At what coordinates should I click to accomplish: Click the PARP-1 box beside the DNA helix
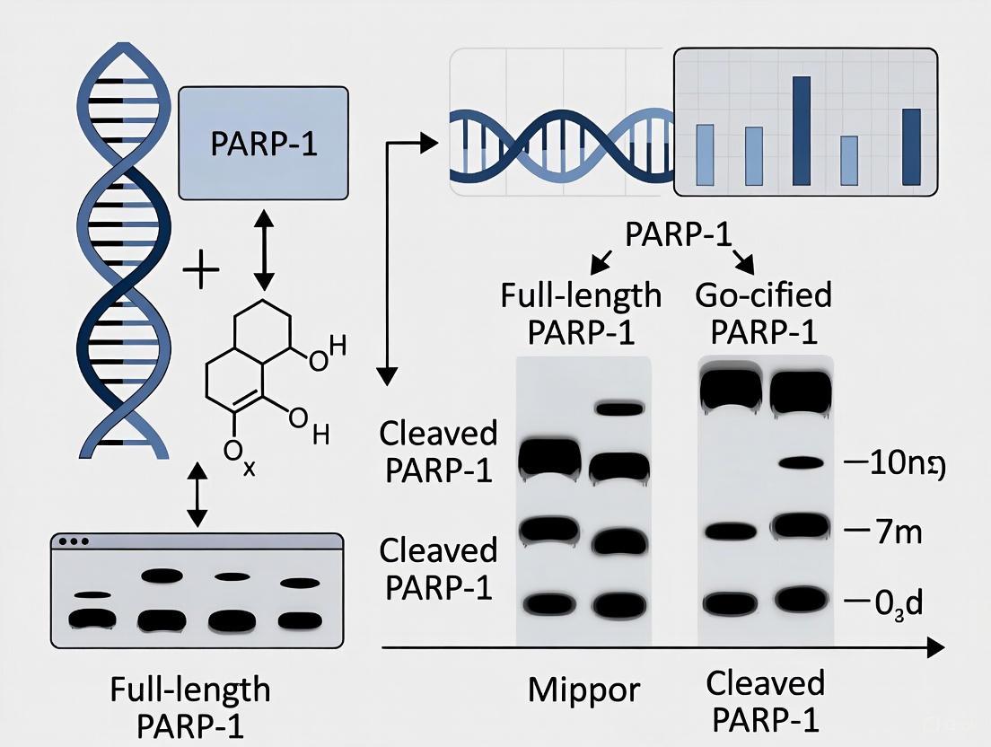tap(263, 143)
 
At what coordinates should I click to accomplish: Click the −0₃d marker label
tap(886, 600)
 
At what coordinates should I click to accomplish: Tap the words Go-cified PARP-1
tap(765, 312)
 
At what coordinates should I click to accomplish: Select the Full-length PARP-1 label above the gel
tap(581, 312)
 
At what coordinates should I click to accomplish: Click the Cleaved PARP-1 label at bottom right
tap(765, 700)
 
